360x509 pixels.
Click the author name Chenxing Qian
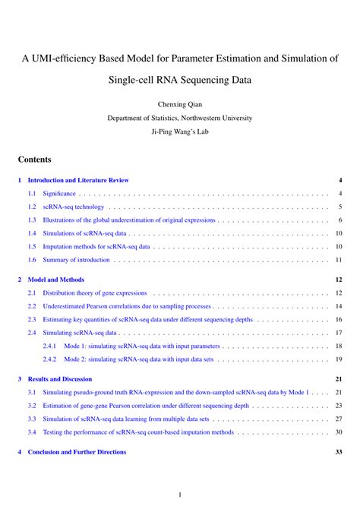pos(179,104)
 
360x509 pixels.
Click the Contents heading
pos(34,160)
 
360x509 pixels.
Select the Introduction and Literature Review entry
pos(78,180)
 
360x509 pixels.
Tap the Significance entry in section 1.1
pos(59,194)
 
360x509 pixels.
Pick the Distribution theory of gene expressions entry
pos(94,292)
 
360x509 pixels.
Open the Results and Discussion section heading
pos(60,378)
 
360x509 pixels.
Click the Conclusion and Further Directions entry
pos(77,452)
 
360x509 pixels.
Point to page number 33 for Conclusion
pos(339,452)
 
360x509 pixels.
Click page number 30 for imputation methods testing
pos(339,432)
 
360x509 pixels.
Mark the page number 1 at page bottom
pos(179,494)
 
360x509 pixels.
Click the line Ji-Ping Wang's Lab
pos(179,131)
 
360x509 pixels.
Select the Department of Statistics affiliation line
pos(179,118)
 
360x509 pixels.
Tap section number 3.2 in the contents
pos(32,406)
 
